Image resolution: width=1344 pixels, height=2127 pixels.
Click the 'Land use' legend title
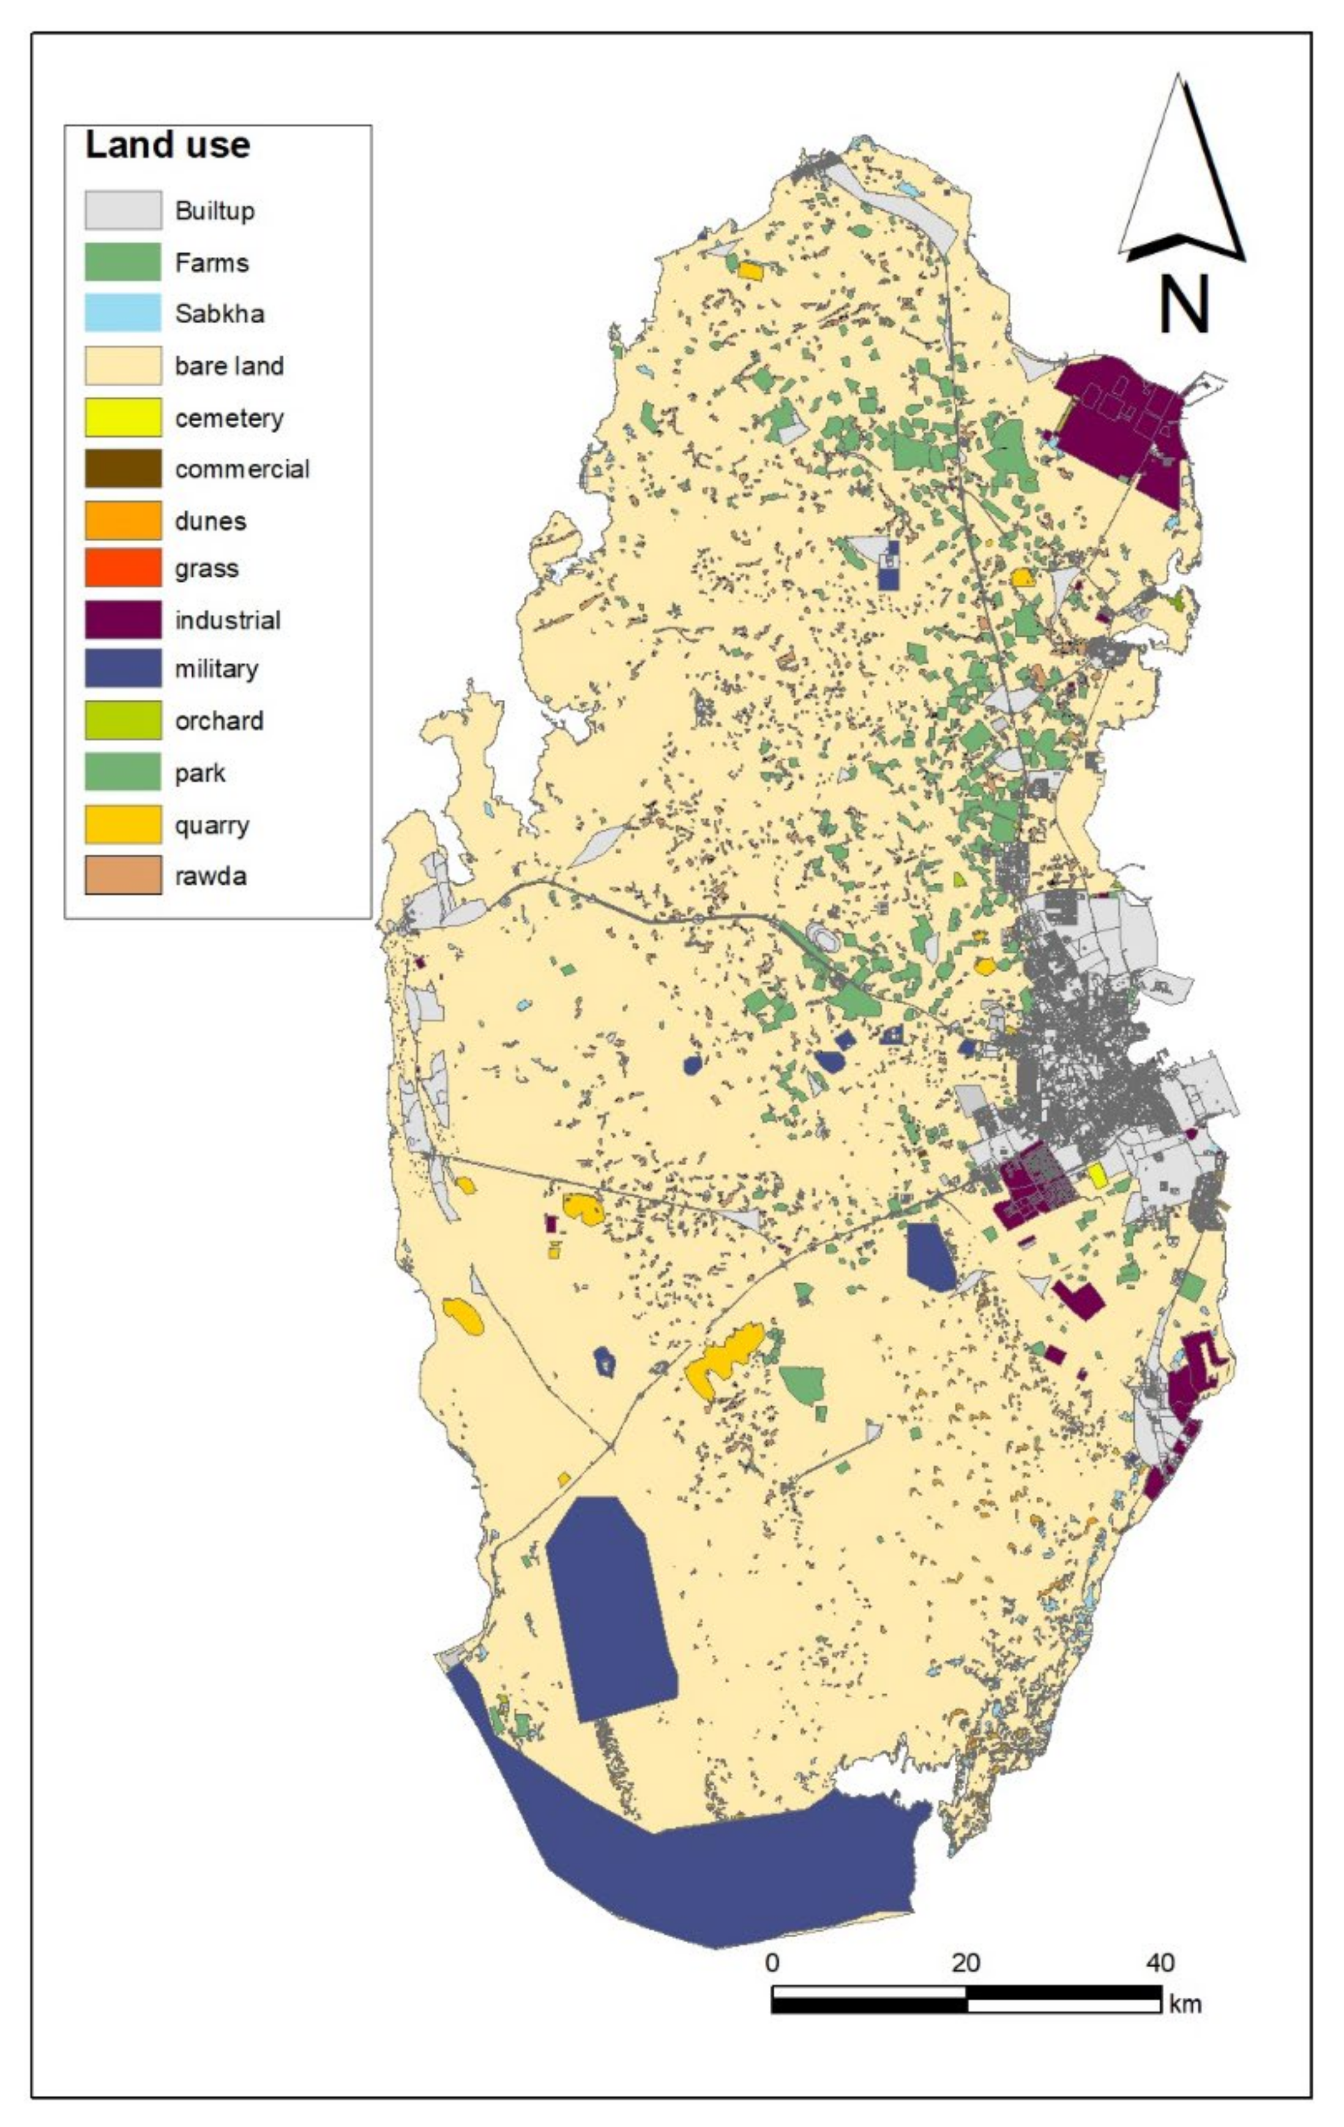click(167, 145)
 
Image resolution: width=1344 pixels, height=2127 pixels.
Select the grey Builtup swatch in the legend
click(123, 210)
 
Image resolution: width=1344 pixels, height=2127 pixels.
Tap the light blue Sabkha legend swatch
click(123, 313)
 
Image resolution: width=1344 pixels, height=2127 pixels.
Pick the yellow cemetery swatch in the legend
click(123, 417)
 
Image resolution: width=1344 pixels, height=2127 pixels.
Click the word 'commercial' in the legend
click(242, 469)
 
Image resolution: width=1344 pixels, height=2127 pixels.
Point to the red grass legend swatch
click(123, 568)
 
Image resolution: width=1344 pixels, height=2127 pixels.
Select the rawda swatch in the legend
click(123, 876)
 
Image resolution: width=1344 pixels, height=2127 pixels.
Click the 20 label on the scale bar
click(965, 1963)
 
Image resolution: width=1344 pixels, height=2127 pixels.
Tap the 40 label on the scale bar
click(1159, 1963)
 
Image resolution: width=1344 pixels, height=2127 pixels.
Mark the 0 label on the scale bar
click(772, 1963)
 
